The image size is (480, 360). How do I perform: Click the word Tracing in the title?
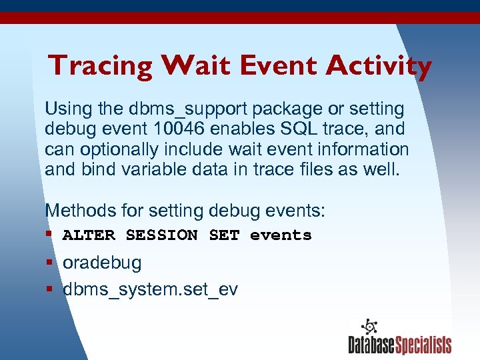tap(100, 66)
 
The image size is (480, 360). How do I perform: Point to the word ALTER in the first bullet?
tap(89, 235)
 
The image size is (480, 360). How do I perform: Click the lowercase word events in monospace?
tap(281, 235)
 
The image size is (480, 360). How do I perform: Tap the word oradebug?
tap(102, 263)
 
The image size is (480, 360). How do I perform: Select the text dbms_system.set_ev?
tap(150, 290)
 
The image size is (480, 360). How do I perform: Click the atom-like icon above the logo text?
tap(369, 327)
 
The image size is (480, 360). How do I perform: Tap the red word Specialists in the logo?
tap(423, 345)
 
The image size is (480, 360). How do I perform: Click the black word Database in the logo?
tap(371, 345)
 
